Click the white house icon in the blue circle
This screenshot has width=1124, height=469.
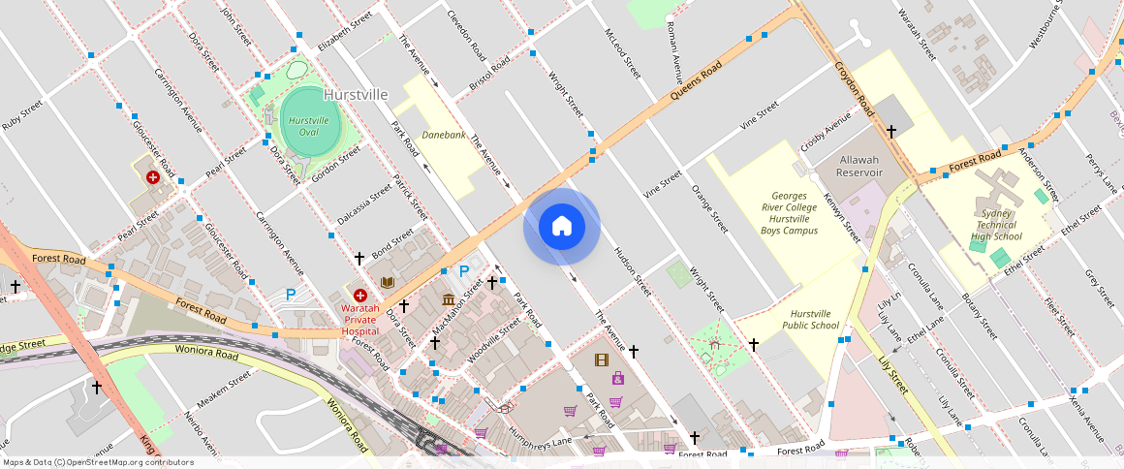click(561, 227)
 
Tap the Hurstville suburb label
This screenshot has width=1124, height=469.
click(356, 95)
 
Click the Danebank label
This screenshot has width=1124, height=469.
click(444, 136)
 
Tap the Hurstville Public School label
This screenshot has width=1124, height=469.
click(814, 320)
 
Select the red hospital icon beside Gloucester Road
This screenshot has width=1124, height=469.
click(153, 177)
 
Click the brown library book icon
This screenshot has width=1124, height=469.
click(388, 282)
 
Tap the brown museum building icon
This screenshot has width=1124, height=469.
click(449, 299)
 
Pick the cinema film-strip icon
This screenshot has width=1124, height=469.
click(601, 360)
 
